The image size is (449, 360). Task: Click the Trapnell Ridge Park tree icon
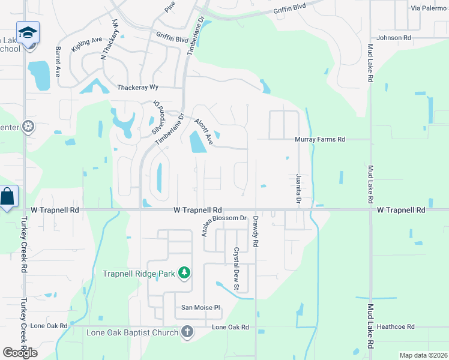tap(184, 274)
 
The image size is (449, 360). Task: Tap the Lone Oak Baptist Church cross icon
tap(187, 332)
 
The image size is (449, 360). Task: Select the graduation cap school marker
tap(28, 32)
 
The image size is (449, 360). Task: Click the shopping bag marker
tap(8, 197)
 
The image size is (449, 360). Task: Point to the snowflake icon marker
tap(28, 127)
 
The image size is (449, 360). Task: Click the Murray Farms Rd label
tap(320, 139)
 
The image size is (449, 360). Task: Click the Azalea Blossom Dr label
tap(224, 225)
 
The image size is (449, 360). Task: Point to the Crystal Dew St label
tap(237, 263)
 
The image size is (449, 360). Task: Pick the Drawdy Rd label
tap(256, 232)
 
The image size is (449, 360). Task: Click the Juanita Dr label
tap(298, 188)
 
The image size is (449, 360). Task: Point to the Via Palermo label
tap(429, 8)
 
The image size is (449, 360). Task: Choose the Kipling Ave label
tap(84, 46)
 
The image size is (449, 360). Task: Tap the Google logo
tap(20, 352)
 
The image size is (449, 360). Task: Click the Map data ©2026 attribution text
tap(423, 355)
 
